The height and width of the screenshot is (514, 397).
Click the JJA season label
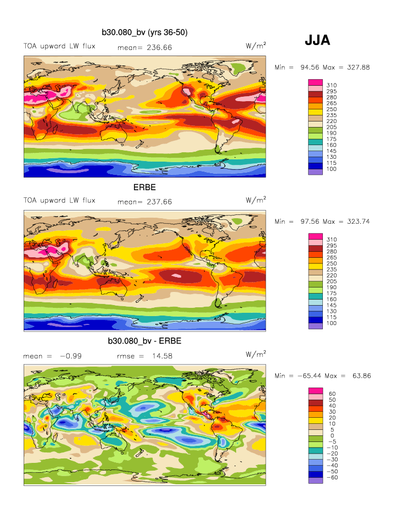tap(317, 40)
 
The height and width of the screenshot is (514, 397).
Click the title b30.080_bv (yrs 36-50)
tap(144, 33)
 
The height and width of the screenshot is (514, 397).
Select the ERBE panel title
tap(144, 187)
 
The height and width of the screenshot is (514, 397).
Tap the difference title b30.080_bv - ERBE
tap(144, 341)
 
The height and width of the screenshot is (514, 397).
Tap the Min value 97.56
tap(310, 221)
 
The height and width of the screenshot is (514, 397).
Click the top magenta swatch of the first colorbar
tap(315, 82)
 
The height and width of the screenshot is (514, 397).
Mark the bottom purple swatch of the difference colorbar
tap(315, 480)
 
